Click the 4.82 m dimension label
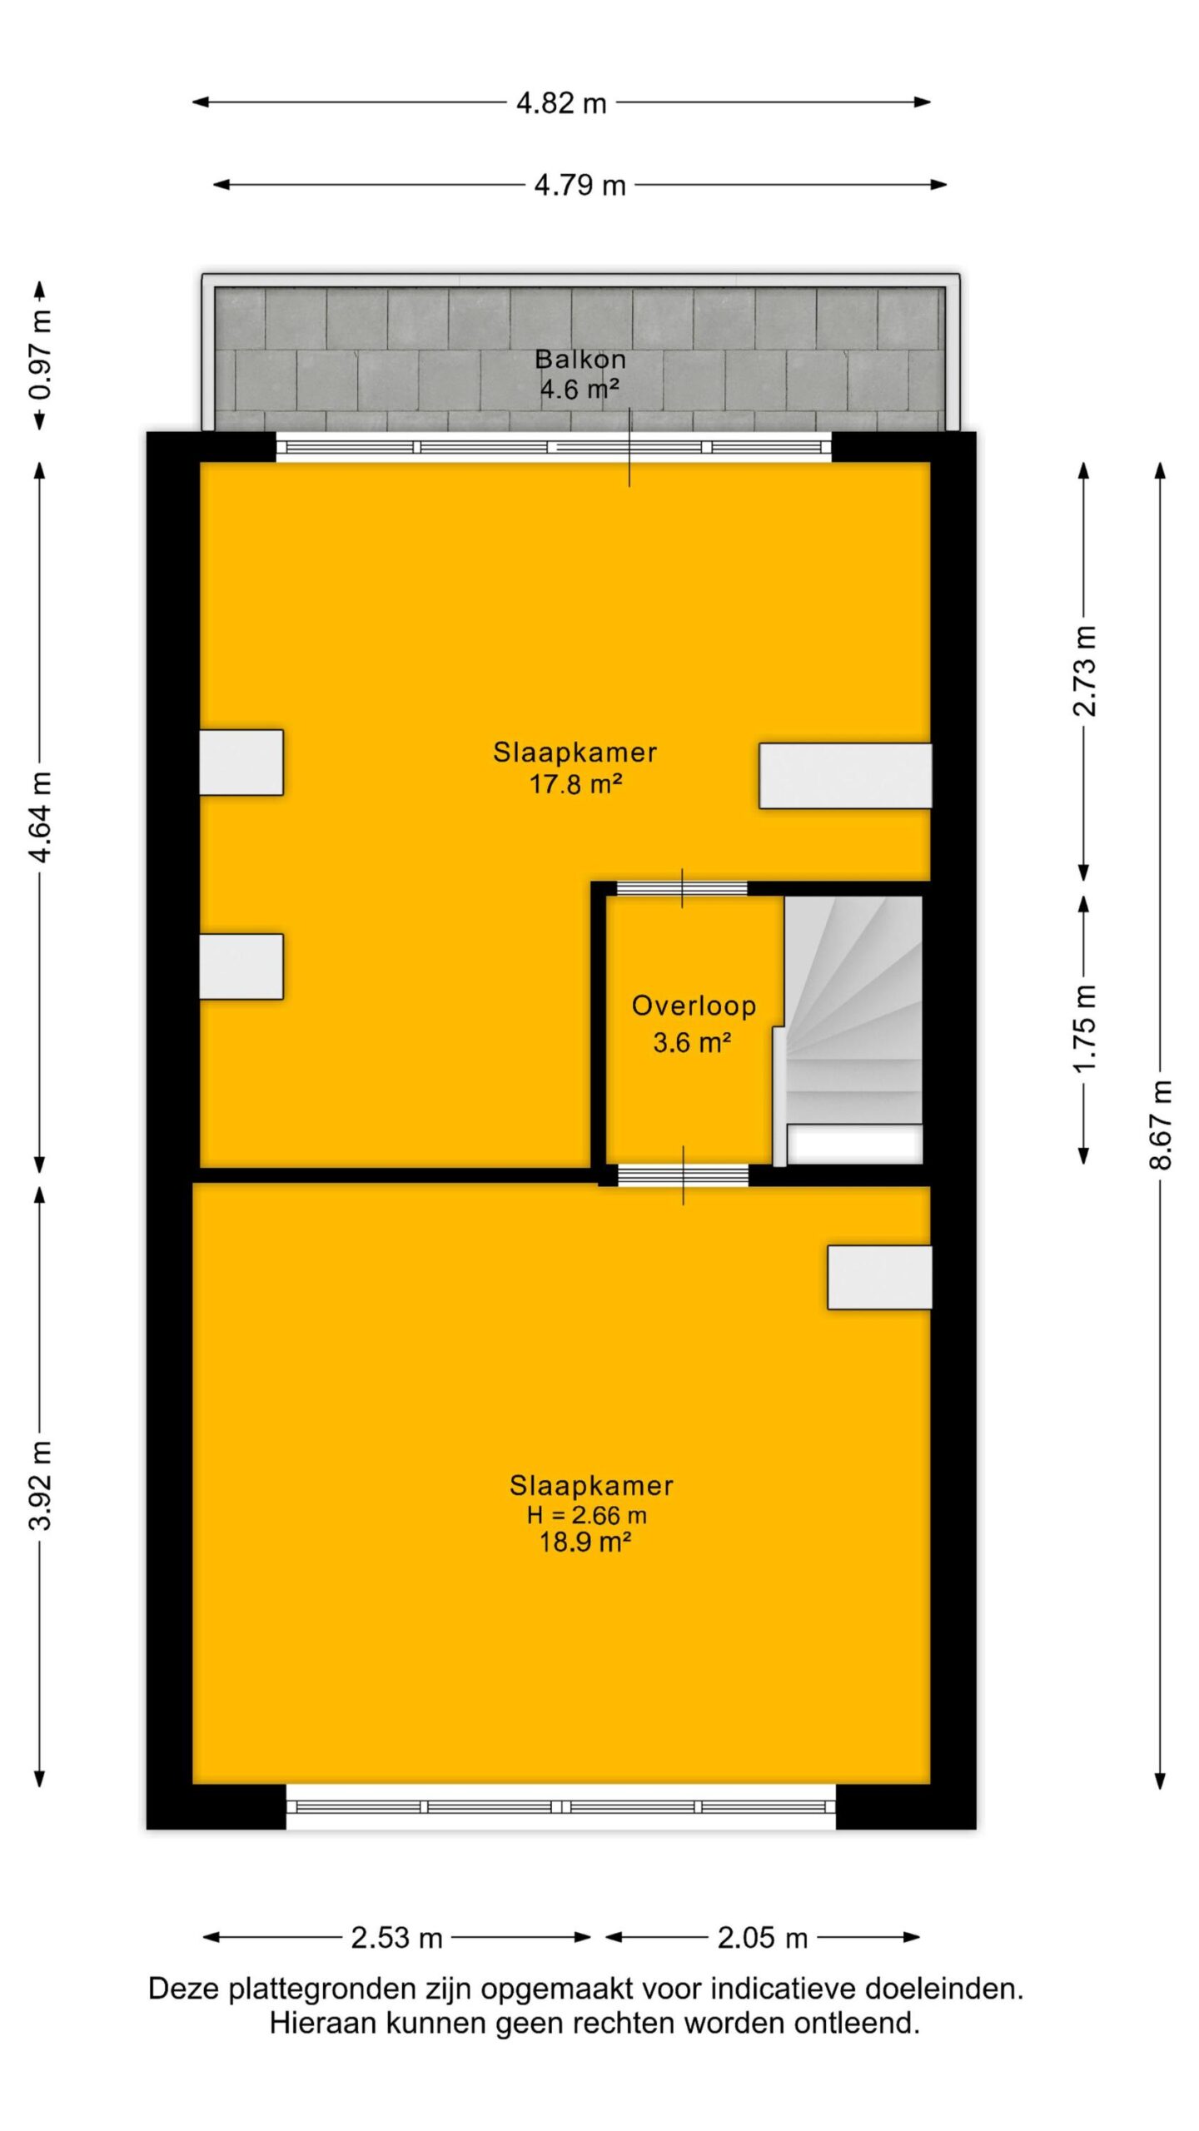pyautogui.click(x=561, y=103)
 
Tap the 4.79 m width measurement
pyautogui.click(x=580, y=185)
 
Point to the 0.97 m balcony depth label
pyautogui.click(x=40, y=355)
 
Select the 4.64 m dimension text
pyautogui.click(x=40, y=817)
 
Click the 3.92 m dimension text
pyautogui.click(x=40, y=1485)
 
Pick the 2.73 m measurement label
pyautogui.click(x=1084, y=671)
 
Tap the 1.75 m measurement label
pyautogui.click(x=1084, y=1029)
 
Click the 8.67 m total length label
pyautogui.click(x=1161, y=1125)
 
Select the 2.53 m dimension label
pyautogui.click(x=396, y=1938)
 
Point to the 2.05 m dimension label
pyautogui.click(x=763, y=1938)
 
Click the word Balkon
pyautogui.click(x=580, y=359)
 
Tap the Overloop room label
pyautogui.click(x=694, y=1006)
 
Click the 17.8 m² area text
pyautogui.click(x=576, y=784)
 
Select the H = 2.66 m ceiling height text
pyautogui.click(x=586, y=1515)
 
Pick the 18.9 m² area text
pyautogui.click(x=585, y=1542)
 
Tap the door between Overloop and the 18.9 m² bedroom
pyautogui.click(x=683, y=1175)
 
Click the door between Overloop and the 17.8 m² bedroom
pyautogui.click(x=682, y=888)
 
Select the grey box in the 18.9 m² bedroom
pyautogui.click(x=879, y=1278)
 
